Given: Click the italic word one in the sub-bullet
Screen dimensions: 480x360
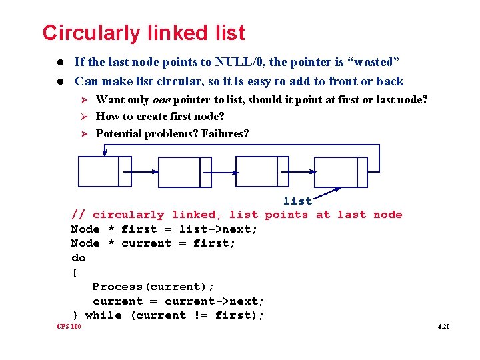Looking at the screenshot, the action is pyautogui.click(x=162, y=99).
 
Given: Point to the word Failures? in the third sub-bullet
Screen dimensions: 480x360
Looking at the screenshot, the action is pyautogui.click(x=225, y=133).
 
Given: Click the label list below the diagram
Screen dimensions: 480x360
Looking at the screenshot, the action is pyautogui.click(x=297, y=201).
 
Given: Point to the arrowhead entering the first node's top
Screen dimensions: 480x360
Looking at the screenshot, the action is pyautogui.click(x=104, y=153).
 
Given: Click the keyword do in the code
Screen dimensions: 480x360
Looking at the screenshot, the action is pyautogui.click(x=79, y=257).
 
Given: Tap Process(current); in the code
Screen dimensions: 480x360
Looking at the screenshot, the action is pyautogui.click(x=153, y=287).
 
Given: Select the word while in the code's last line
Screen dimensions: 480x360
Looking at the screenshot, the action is pyautogui.click(x=103, y=315).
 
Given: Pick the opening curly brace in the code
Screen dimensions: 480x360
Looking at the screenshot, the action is pyautogui.click(x=75, y=272).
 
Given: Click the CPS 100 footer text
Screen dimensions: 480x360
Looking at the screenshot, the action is pyautogui.click(x=69, y=327).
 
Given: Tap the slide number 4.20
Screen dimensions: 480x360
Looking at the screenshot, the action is pyautogui.click(x=444, y=327).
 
